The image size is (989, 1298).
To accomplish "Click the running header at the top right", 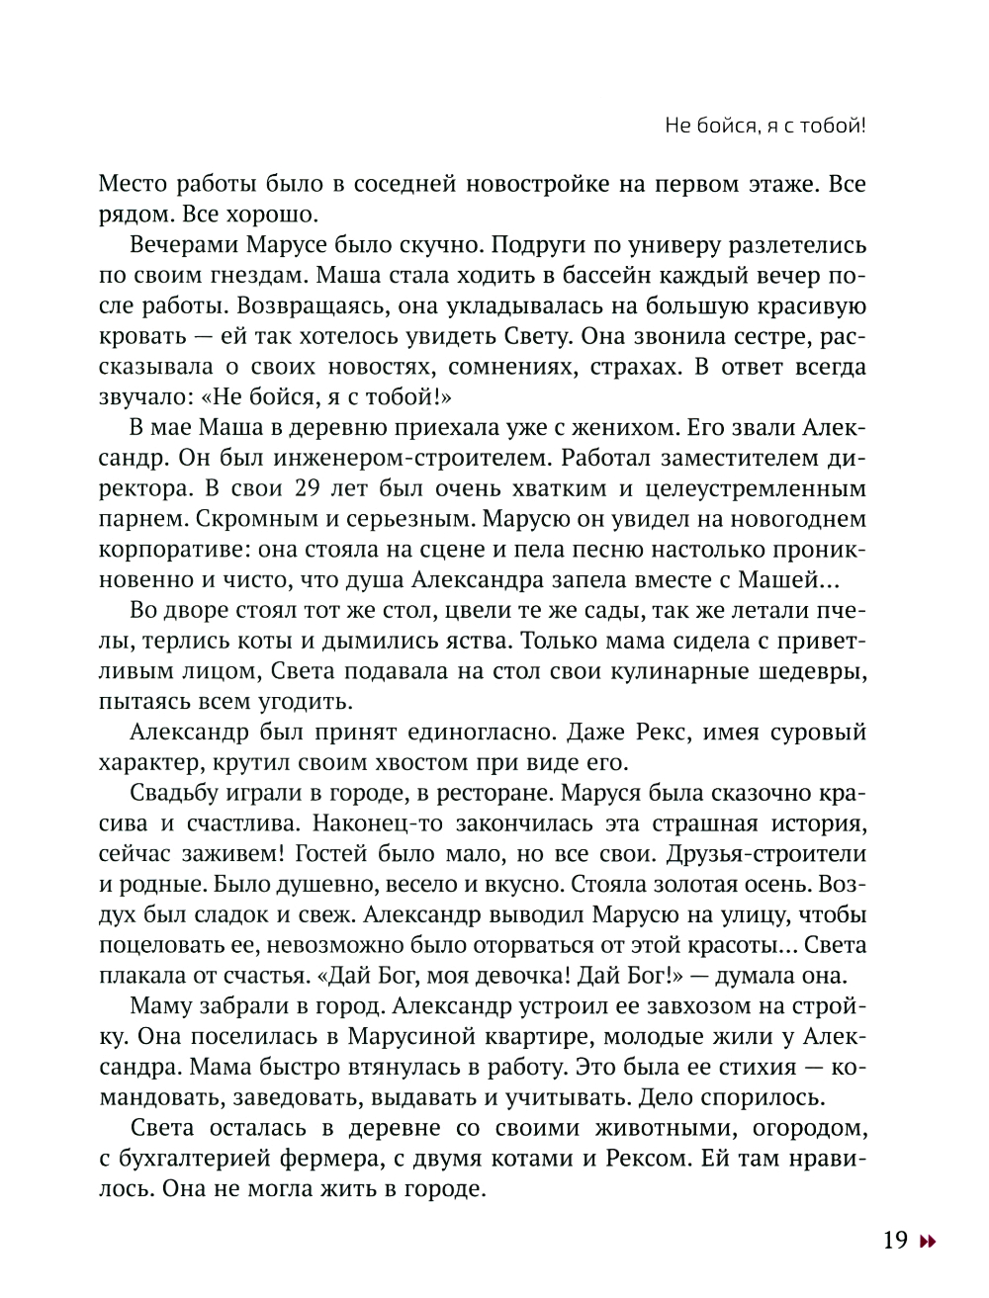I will pyautogui.click(x=751, y=126).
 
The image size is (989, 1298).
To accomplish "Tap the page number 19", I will pyautogui.click(x=895, y=1240).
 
